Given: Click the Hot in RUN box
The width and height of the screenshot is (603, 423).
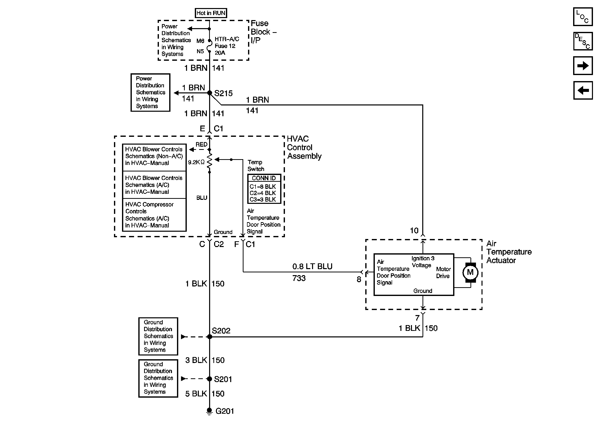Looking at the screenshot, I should pyautogui.click(x=211, y=13).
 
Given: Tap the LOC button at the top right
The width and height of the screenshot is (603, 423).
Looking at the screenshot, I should pyautogui.click(x=582, y=17).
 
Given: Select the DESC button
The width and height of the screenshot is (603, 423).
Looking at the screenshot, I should pyautogui.click(x=582, y=41).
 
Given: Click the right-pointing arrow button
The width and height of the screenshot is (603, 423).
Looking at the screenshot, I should pyautogui.click(x=582, y=66).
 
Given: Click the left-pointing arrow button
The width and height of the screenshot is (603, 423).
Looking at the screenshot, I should pyautogui.click(x=582, y=90).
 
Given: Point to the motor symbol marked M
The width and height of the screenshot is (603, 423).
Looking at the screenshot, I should pyautogui.click(x=470, y=272).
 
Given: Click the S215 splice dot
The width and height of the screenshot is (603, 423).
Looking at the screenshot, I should pyautogui.click(x=210, y=93).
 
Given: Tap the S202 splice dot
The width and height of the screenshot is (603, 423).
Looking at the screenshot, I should pyautogui.click(x=210, y=337).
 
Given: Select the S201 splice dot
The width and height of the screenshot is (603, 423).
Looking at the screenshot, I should pyautogui.click(x=210, y=379).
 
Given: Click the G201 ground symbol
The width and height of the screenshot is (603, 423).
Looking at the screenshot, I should pyautogui.click(x=209, y=411).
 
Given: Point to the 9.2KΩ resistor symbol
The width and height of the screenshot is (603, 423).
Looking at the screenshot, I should pyautogui.click(x=209, y=161).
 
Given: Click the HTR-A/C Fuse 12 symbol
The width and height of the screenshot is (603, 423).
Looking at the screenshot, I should pyautogui.click(x=209, y=46).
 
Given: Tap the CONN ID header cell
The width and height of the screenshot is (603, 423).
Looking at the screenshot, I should pyautogui.click(x=264, y=178).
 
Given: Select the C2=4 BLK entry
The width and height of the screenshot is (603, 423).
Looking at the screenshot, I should pyautogui.click(x=263, y=193).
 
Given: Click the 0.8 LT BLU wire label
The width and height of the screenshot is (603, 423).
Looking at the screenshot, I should pyautogui.click(x=312, y=267).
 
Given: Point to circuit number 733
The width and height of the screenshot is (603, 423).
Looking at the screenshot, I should pyautogui.click(x=299, y=278).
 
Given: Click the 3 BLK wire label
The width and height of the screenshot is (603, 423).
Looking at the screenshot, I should pyautogui.click(x=196, y=360).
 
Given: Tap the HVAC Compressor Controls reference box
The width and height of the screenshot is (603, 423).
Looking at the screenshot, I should pyautogui.click(x=154, y=215).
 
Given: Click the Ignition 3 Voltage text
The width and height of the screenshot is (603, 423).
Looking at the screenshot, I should pyautogui.click(x=423, y=262).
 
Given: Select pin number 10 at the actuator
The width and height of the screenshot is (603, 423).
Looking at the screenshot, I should pyautogui.click(x=414, y=230).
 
